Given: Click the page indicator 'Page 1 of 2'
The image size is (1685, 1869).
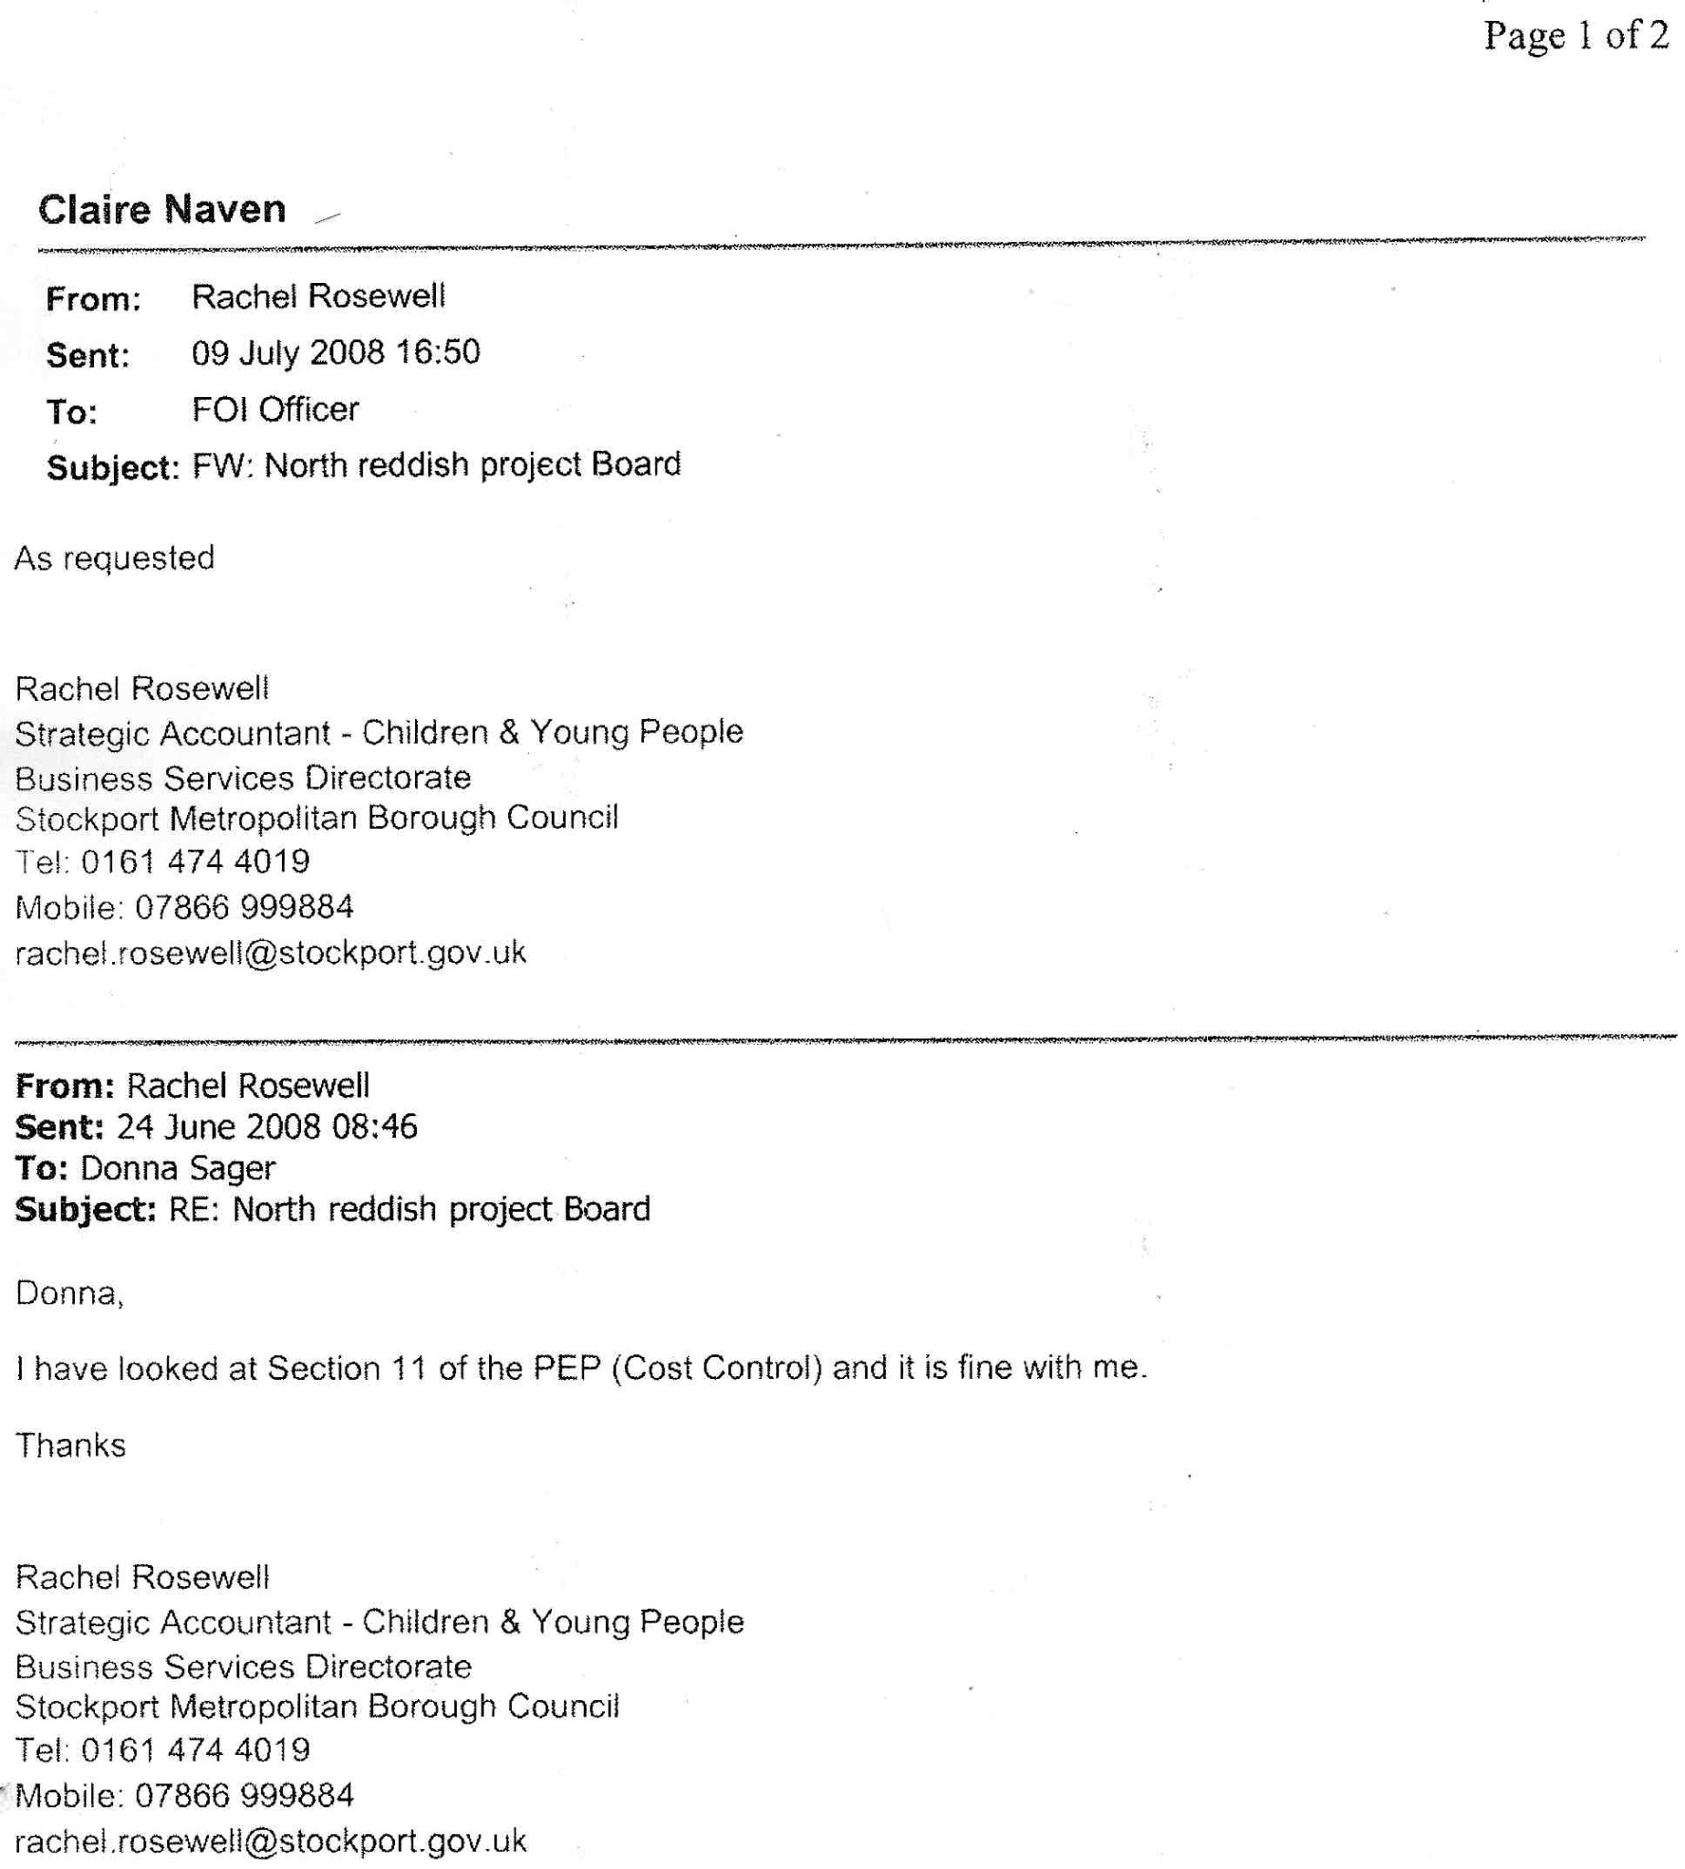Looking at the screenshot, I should [x=1575, y=36].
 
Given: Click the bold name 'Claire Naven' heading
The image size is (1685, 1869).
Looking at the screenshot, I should [x=162, y=209].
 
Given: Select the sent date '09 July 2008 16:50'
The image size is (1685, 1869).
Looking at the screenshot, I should [x=335, y=353].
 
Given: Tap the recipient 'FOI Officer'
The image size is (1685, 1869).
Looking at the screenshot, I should [x=275, y=410].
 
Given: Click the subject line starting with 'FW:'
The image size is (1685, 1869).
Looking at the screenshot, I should [x=436, y=465].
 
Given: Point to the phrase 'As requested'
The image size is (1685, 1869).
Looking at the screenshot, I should [x=115, y=559].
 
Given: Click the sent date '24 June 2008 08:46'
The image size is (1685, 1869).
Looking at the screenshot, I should [x=266, y=1127].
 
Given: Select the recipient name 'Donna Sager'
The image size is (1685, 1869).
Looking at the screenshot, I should [x=178, y=1168].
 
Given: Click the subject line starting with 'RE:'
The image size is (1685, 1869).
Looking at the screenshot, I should [x=410, y=1209].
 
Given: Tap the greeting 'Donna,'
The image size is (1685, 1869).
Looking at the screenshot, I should [x=69, y=1293].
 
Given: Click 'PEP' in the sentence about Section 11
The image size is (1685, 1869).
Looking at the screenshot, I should [x=567, y=1368].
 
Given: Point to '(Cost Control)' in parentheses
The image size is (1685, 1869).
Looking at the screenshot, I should [x=716, y=1368].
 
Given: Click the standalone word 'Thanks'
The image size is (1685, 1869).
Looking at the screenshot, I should [x=70, y=1446].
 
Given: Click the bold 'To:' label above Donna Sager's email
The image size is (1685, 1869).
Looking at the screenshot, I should [x=42, y=1169].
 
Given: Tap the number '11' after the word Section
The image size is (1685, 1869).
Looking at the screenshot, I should [x=409, y=1369].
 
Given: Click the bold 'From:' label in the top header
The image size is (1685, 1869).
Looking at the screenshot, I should [x=93, y=299].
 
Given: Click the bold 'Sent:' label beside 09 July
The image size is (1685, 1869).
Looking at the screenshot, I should [x=88, y=356].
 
